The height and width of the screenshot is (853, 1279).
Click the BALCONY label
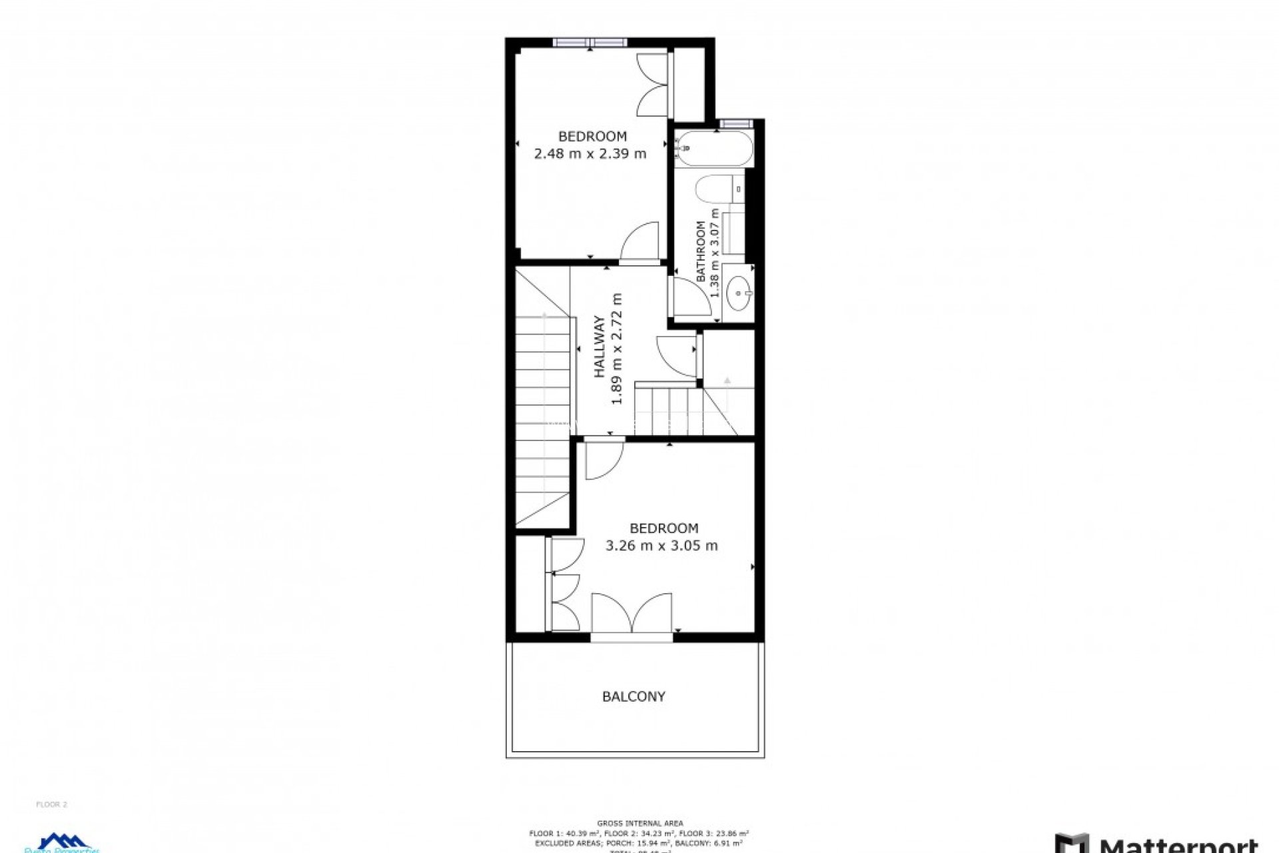tap(634, 696)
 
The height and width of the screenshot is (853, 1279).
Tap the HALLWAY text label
tap(600, 347)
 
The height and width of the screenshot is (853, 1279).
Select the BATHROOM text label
tap(701, 251)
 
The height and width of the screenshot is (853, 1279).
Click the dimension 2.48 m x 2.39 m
tap(590, 154)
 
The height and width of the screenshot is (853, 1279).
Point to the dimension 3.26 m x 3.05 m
tap(661, 546)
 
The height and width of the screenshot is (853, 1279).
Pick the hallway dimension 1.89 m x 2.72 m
tap(617, 349)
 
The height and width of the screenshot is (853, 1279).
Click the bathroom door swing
tap(689, 297)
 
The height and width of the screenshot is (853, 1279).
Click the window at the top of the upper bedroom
tap(590, 43)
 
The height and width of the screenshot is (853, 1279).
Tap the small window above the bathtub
tap(735, 123)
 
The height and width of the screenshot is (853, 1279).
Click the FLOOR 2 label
tap(51, 804)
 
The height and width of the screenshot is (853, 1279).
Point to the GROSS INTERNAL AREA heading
tap(639, 824)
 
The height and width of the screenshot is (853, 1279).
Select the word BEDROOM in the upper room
tap(592, 137)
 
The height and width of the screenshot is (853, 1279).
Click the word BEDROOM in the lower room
tap(663, 528)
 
